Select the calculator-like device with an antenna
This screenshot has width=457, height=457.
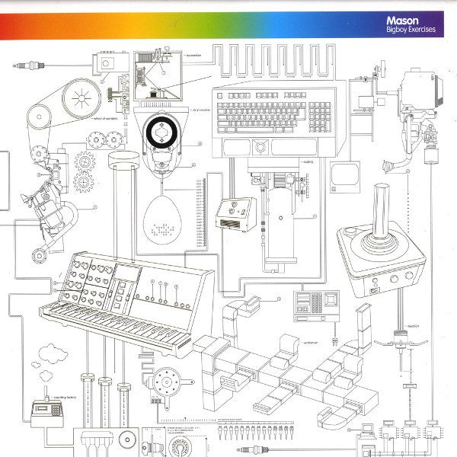tap(47, 412)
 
